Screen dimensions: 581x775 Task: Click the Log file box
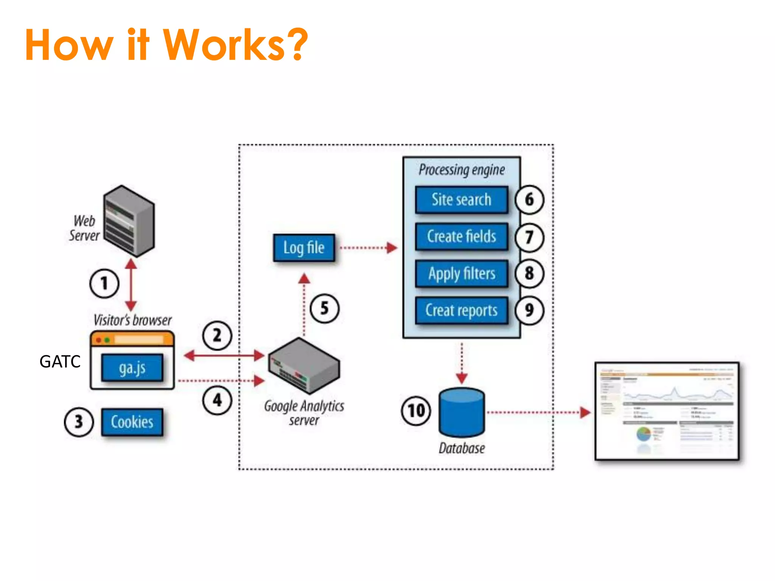[x=304, y=248]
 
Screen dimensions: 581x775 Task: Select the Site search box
[x=461, y=200]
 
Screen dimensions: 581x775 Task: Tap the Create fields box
[x=461, y=236]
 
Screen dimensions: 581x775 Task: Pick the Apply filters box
[x=461, y=273]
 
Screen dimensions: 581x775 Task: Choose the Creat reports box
[x=461, y=310]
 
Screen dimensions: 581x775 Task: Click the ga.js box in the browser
[x=132, y=367]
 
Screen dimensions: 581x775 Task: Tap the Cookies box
[x=132, y=422]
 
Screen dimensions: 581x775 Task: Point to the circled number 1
[x=104, y=283]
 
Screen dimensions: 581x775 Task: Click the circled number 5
[x=324, y=308]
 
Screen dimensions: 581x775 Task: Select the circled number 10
[x=416, y=411]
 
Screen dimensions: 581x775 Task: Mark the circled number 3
[x=78, y=422]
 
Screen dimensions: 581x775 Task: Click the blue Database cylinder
[x=462, y=412]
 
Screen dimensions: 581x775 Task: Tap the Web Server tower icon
[x=129, y=221]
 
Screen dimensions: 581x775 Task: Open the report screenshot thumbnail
[x=667, y=411]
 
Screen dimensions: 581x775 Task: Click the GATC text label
[x=60, y=362]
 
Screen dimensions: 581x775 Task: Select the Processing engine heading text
[x=461, y=170]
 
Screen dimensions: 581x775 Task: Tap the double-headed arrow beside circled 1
[x=131, y=284]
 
